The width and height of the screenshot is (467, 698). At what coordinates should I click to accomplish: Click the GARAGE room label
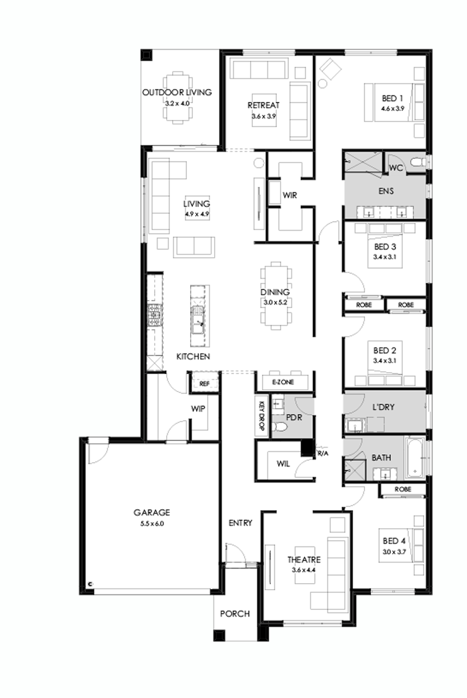click(152, 513)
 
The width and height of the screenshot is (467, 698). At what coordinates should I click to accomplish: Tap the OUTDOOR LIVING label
click(177, 93)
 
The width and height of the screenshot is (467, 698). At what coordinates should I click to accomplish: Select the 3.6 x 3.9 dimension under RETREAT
click(264, 116)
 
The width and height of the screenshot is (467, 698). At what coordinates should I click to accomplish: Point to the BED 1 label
click(384, 96)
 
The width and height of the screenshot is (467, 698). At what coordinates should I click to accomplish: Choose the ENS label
click(385, 191)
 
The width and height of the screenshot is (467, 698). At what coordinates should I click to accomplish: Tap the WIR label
click(290, 195)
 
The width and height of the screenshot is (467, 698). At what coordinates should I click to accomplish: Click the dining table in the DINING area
click(277, 294)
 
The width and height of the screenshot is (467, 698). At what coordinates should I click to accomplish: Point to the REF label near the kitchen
click(204, 383)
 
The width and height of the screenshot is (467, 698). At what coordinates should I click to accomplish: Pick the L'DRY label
click(384, 407)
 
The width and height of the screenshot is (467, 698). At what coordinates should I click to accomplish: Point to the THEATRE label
click(304, 560)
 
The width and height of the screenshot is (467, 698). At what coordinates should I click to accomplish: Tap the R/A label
click(324, 454)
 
